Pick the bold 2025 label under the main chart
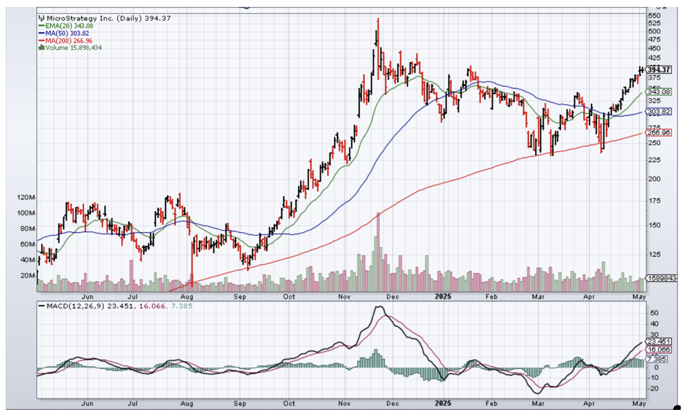tap(443, 296)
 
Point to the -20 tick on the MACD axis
tap(654, 389)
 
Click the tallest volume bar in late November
tap(378, 248)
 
